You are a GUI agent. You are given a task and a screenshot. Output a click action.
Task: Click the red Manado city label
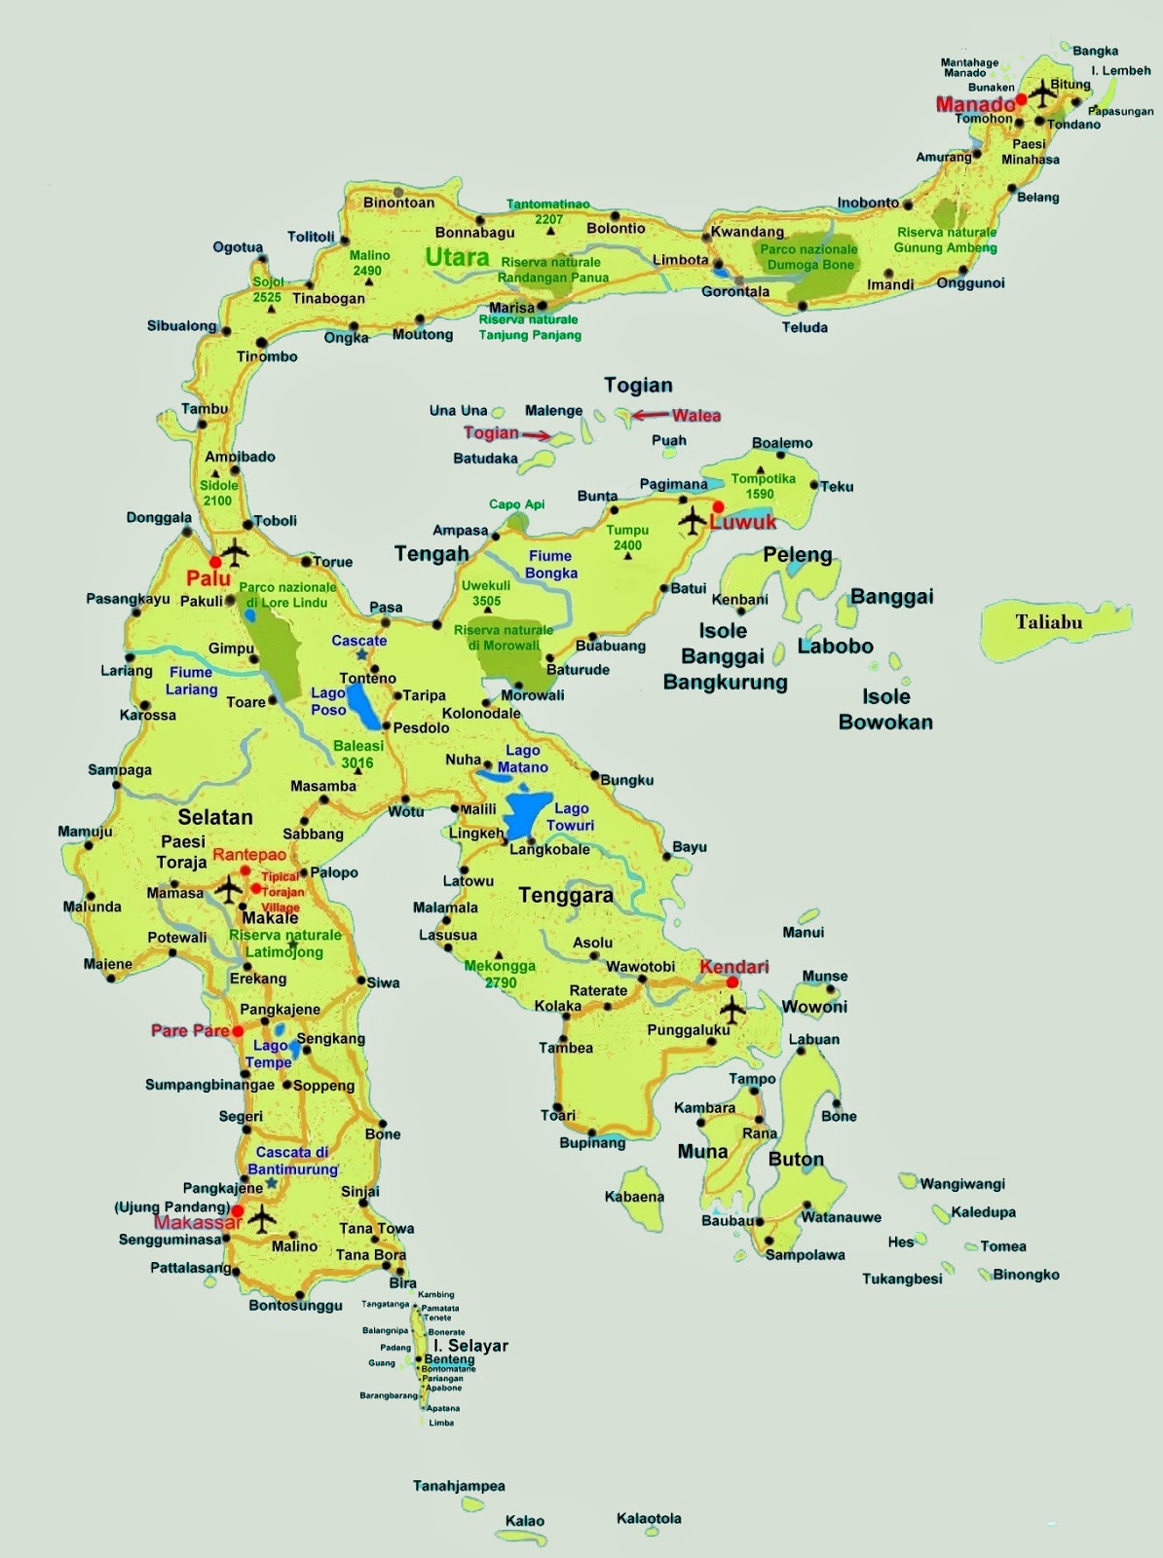click(974, 104)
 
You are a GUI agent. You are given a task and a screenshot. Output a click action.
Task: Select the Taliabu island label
click(1048, 621)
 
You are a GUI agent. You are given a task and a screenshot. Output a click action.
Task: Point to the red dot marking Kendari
click(732, 983)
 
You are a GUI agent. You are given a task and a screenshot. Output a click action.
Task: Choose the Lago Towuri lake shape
click(527, 815)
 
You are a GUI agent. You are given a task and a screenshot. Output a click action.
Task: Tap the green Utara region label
click(457, 257)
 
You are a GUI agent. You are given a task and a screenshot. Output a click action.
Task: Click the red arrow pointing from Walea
click(651, 416)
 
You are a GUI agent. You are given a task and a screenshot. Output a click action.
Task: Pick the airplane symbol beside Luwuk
click(693, 521)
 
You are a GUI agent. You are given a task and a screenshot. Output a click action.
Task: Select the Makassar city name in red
click(197, 1223)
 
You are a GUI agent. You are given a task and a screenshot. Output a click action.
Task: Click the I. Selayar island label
click(471, 1346)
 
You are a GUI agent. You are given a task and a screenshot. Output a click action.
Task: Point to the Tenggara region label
click(566, 895)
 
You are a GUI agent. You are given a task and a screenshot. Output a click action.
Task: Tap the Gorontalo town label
click(735, 291)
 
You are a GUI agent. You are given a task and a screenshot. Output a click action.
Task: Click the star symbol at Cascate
click(361, 655)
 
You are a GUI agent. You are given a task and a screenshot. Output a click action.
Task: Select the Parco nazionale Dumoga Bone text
click(809, 257)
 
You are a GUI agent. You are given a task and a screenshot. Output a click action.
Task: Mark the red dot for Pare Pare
click(238, 1031)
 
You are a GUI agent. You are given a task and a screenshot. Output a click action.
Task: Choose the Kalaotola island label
click(649, 1518)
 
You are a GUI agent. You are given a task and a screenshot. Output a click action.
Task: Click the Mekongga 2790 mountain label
click(500, 974)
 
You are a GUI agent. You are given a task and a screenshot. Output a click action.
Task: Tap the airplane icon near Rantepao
click(229, 888)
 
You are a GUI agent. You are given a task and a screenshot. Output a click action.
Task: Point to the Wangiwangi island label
click(962, 1184)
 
